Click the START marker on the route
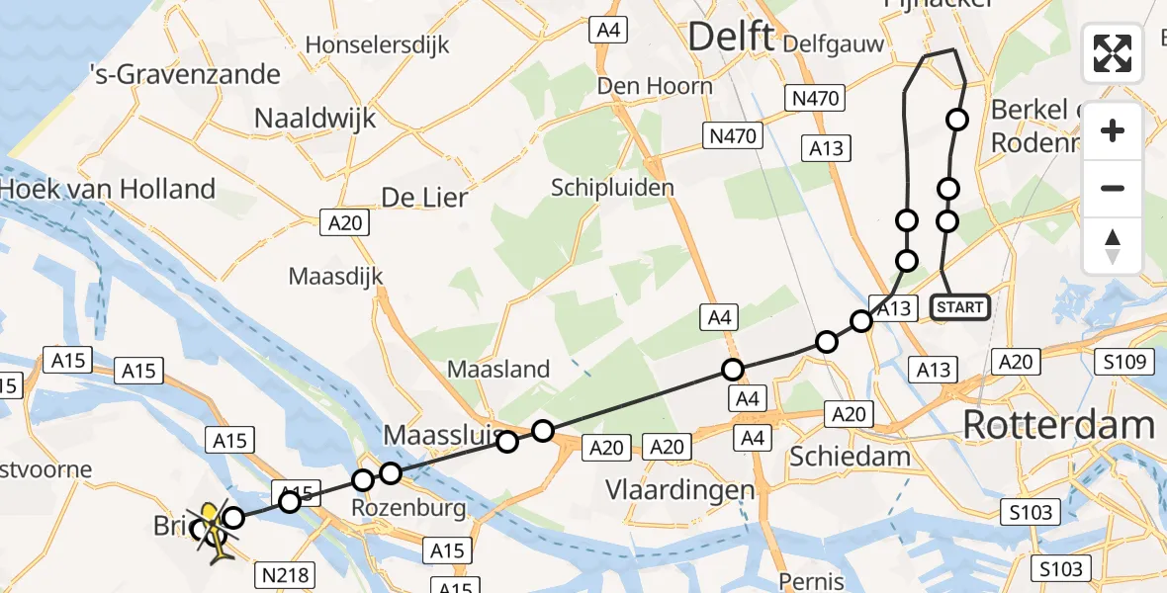[x=959, y=307]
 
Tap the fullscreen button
[x=1113, y=53]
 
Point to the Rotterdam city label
[x=1058, y=425]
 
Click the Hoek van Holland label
[x=109, y=189]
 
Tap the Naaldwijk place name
[x=315, y=119]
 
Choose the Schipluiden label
[x=612, y=188]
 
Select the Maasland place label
[x=498, y=370]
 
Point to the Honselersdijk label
[x=377, y=44]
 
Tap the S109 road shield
[x=1125, y=363]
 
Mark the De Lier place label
[x=423, y=198]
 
